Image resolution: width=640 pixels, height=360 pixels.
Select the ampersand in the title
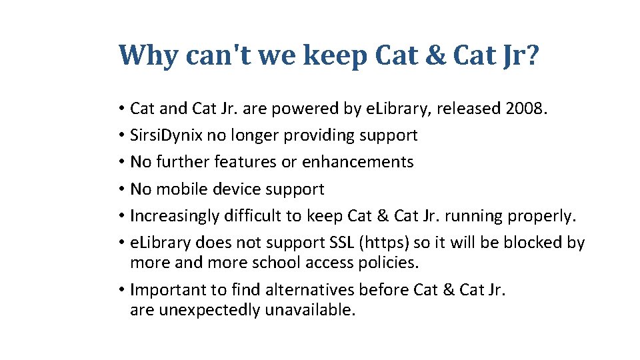[x=435, y=56]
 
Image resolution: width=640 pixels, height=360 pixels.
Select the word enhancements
[x=358, y=162]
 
